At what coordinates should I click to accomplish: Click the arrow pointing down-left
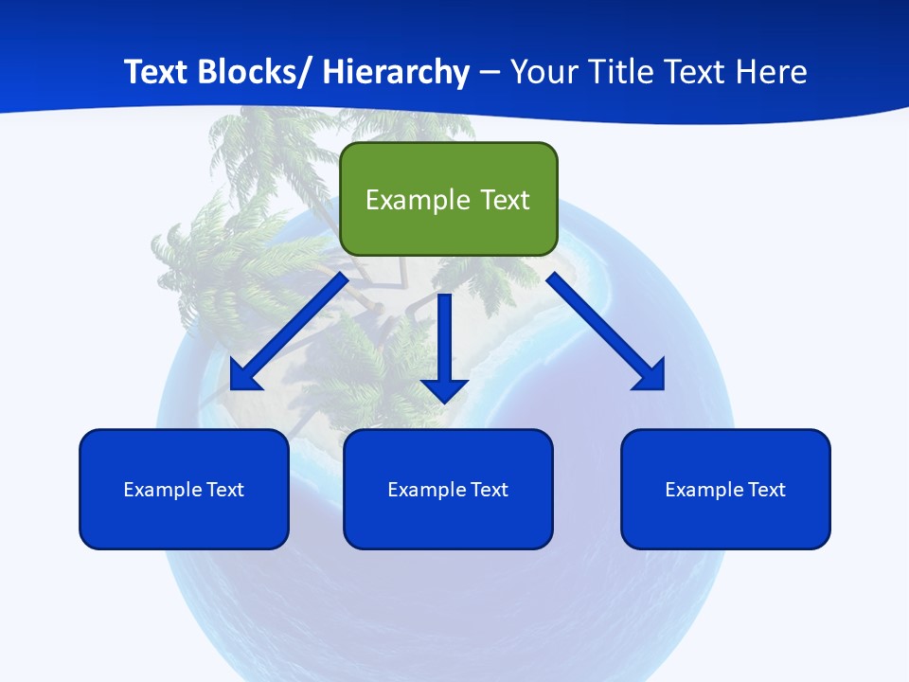click(x=289, y=332)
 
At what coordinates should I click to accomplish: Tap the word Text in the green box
click(x=504, y=200)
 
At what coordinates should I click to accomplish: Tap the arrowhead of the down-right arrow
click(x=651, y=376)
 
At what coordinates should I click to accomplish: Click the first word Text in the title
click(x=158, y=72)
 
